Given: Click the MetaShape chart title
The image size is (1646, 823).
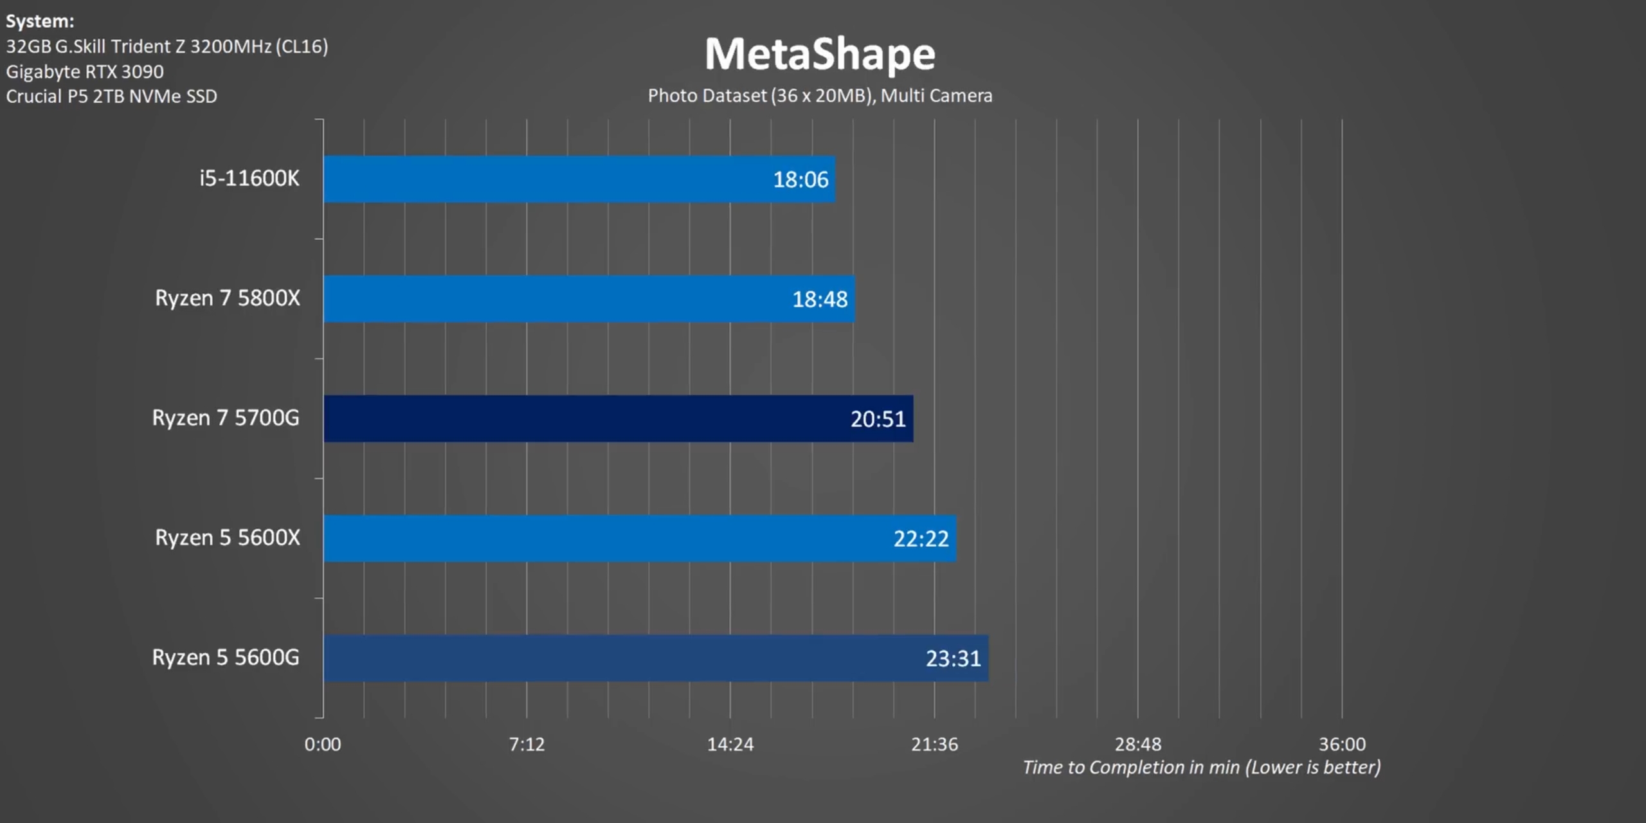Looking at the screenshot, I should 820,54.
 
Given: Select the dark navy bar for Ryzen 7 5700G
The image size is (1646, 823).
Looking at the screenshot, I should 617,419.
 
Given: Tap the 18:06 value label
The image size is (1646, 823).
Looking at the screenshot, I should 800,179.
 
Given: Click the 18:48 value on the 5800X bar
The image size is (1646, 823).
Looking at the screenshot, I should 820,300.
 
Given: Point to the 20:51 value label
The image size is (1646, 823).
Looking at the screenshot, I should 878,419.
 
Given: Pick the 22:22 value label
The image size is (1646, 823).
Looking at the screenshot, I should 921,539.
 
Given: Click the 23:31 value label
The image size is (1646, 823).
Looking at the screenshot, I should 953,658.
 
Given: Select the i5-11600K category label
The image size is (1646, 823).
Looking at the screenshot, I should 249,178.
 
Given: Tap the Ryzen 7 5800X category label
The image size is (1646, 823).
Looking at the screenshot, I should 227,298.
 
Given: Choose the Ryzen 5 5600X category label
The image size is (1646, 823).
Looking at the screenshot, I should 227,538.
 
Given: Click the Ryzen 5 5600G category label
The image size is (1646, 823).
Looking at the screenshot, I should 226,657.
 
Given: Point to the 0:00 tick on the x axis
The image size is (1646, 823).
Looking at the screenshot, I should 323,745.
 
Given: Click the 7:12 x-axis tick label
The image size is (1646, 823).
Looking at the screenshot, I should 527,745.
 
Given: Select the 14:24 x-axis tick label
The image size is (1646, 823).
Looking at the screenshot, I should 730,745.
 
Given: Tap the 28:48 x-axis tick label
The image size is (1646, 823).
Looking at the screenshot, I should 1138,745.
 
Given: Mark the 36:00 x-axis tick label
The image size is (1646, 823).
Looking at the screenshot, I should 1342,745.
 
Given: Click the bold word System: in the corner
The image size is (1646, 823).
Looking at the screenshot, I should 40,21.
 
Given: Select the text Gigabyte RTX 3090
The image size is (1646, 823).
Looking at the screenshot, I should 85,71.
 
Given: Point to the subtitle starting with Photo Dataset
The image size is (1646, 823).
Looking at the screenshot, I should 820,96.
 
